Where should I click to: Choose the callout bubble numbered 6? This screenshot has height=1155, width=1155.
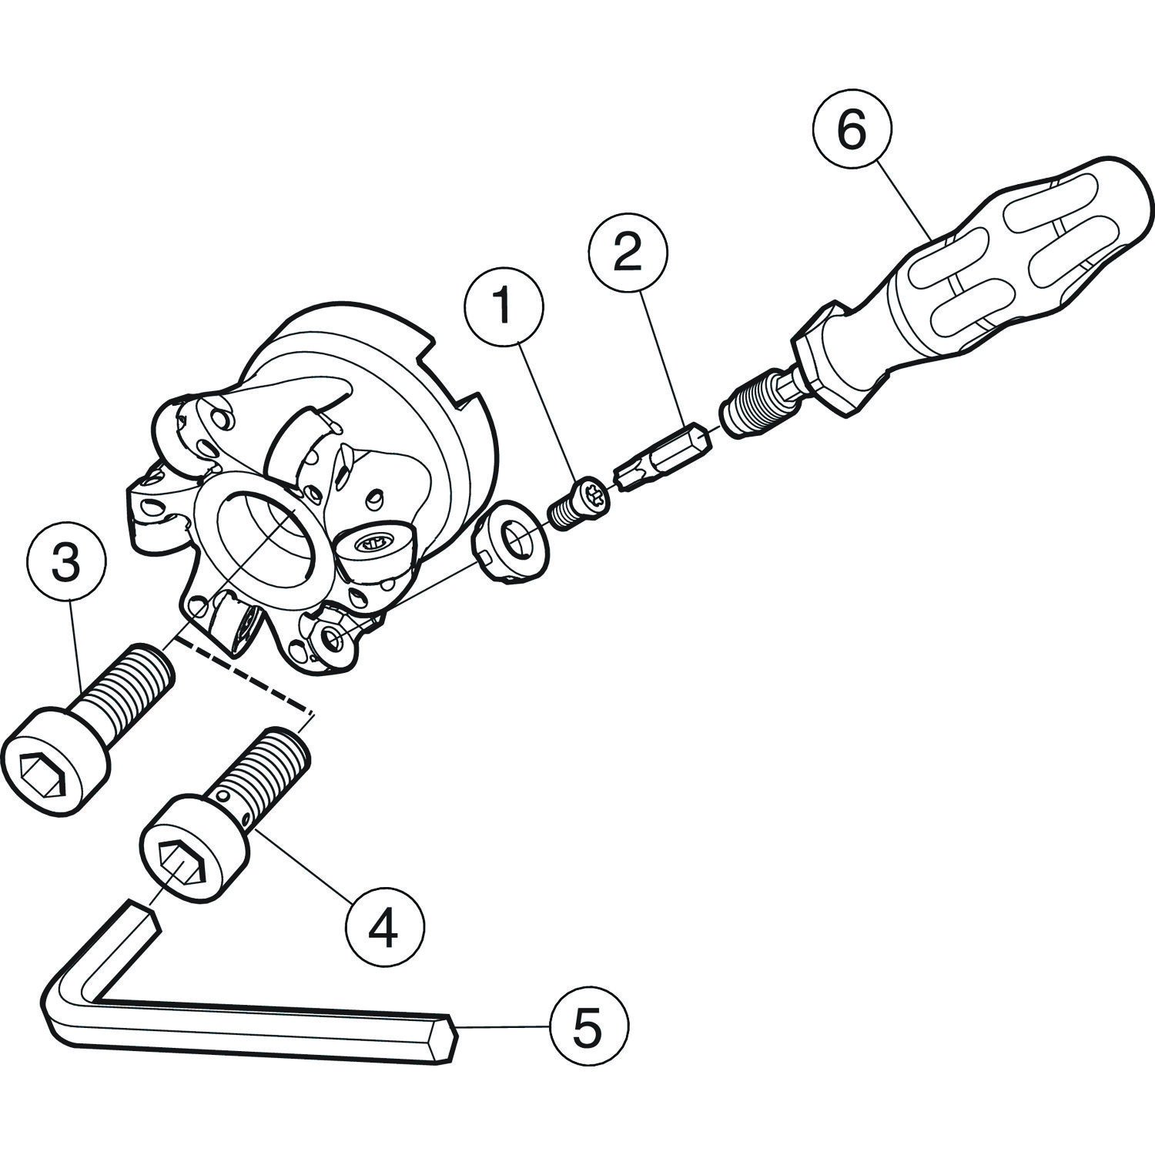pos(852,132)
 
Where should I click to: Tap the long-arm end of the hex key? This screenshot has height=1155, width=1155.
pos(447,1036)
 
